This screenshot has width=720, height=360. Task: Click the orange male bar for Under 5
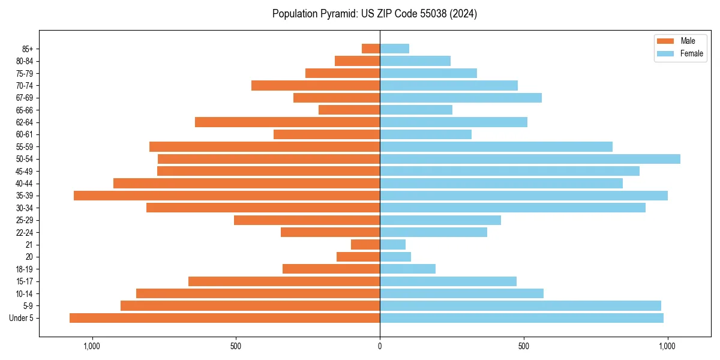pyautogui.click(x=224, y=318)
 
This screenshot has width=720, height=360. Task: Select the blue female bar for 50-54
pyautogui.click(x=530, y=159)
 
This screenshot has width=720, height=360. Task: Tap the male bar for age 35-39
pyautogui.click(x=227, y=196)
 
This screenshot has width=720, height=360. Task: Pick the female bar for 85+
pyautogui.click(x=394, y=49)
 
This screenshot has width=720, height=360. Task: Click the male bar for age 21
pyautogui.click(x=365, y=245)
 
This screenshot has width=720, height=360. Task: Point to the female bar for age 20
pyautogui.click(x=395, y=257)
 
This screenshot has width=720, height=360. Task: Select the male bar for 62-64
pyautogui.click(x=287, y=122)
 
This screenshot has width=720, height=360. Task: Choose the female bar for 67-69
pyautogui.click(x=461, y=98)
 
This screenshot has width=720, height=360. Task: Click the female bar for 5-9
pyautogui.click(x=520, y=306)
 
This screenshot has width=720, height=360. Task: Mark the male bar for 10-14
pyautogui.click(x=258, y=293)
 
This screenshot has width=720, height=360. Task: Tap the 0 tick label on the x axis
pyautogui.click(x=380, y=346)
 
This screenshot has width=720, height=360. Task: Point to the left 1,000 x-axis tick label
pyautogui.click(x=92, y=346)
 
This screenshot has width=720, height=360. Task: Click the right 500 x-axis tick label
pyautogui.click(x=524, y=346)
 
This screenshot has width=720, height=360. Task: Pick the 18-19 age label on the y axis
pyautogui.click(x=25, y=269)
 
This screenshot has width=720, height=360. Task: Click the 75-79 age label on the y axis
pyautogui.click(x=25, y=74)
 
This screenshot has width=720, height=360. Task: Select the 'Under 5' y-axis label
pyautogui.click(x=22, y=318)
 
